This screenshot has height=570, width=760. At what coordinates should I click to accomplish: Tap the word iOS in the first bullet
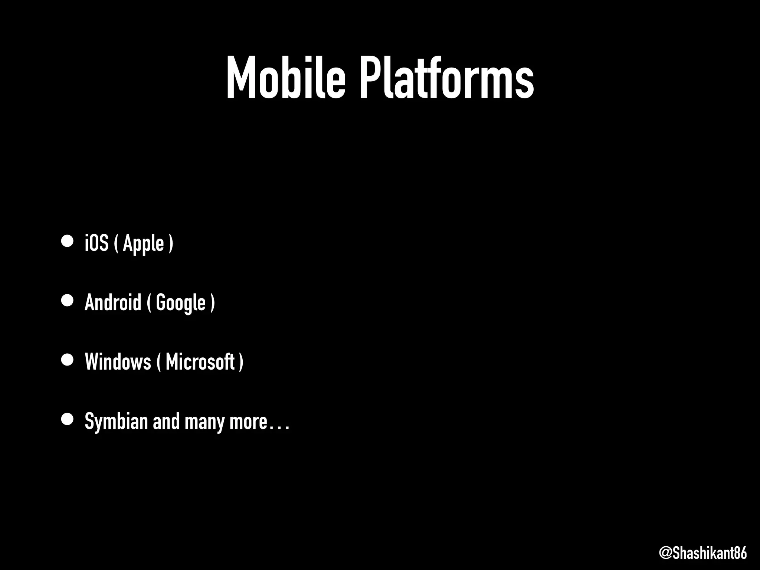[96, 243]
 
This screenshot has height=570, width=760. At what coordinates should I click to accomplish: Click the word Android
[113, 302]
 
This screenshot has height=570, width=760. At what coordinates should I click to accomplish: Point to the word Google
[181, 303]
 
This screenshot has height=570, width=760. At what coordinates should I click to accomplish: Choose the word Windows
[118, 362]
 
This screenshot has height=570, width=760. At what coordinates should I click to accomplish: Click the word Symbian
[116, 422]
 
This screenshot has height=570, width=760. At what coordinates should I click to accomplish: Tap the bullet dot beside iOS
[67, 241]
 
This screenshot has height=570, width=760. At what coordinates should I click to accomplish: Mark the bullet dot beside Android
[67, 300]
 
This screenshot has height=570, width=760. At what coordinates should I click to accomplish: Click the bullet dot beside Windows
[67, 360]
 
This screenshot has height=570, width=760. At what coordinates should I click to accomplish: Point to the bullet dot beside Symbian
[67, 419]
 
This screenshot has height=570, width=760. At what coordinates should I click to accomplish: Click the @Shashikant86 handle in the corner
[703, 553]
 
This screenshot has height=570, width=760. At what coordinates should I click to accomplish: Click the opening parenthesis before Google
[149, 303]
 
